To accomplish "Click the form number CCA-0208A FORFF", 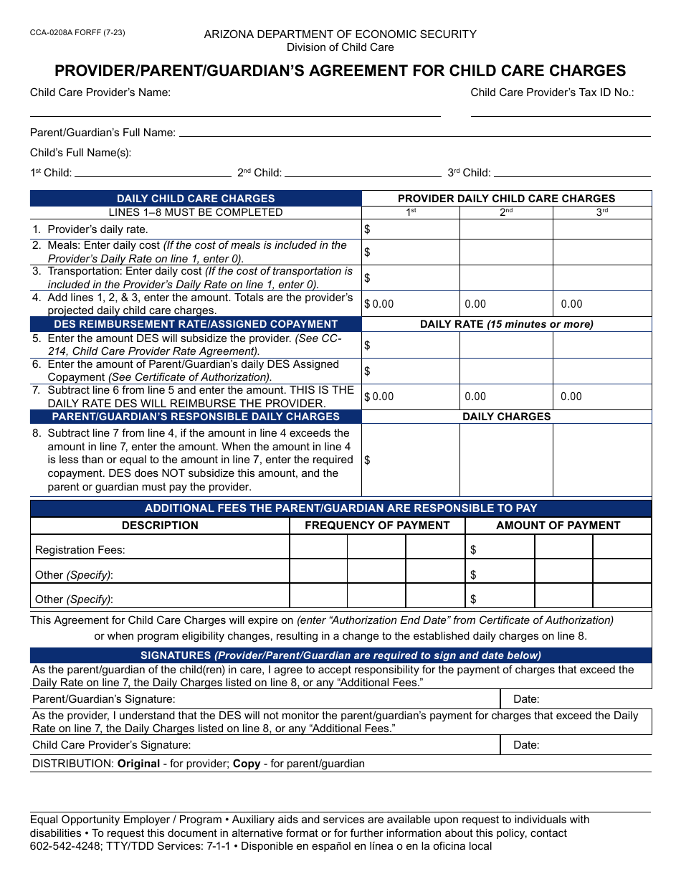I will point(68,33).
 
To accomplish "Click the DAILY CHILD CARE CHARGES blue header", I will point(196,199).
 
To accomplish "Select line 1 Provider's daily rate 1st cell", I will point(411,229).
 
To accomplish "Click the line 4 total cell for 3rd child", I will point(602,304).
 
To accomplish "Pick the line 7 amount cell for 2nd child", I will point(506,397).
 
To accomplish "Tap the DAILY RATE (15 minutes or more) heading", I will point(506,324).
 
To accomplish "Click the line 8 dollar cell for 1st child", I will point(411,460).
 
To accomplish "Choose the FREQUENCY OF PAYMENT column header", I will point(377,526).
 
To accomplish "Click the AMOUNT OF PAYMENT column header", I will point(558,526).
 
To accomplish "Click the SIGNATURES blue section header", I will point(340,655).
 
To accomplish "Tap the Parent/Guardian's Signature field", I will point(330,699).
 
